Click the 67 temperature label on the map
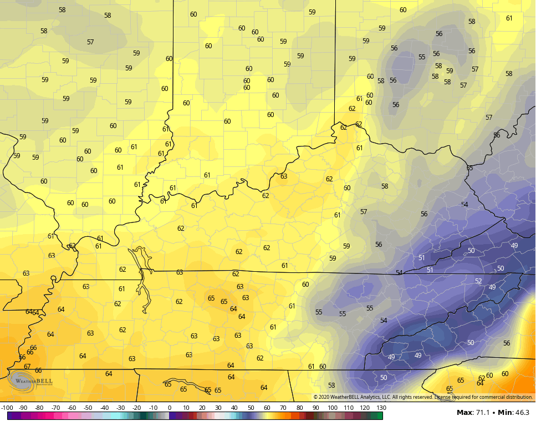click(27, 367)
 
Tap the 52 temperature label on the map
click(478, 281)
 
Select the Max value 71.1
click(481, 413)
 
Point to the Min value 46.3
click(521, 413)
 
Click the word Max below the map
click(464, 413)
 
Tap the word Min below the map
click(505, 413)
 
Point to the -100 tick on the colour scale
click(8, 408)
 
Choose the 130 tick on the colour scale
click(382, 408)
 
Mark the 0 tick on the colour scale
click(170, 408)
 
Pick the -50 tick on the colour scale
click(88, 408)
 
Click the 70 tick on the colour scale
click(284, 408)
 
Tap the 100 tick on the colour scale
click(333, 408)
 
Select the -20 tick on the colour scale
click(137, 408)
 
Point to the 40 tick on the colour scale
click(234, 408)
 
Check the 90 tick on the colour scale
click(317, 408)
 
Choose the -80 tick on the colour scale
click(39, 408)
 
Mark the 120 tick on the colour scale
click(365, 408)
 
